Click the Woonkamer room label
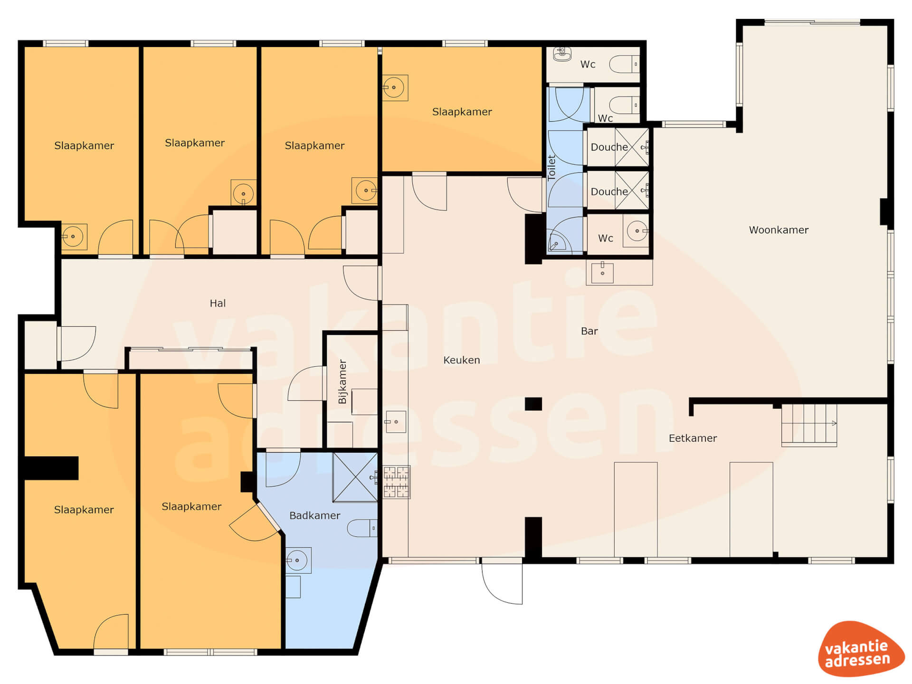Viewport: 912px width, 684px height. pyautogui.click(x=779, y=230)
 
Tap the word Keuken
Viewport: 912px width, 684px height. pyautogui.click(x=461, y=360)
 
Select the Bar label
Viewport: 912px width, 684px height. pyautogui.click(x=589, y=331)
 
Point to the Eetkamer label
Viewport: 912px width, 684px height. pyautogui.click(x=693, y=438)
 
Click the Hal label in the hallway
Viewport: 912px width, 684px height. pyautogui.click(x=218, y=303)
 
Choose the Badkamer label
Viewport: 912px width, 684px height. pyautogui.click(x=314, y=515)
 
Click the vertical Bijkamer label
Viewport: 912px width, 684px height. pyautogui.click(x=342, y=381)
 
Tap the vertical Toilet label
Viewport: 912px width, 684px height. pyautogui.click(x=551, y=168)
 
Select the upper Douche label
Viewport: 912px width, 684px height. pyautogui.click(x=609, y=147)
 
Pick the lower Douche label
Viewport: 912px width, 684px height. pyautogui.click(x=609, y=191)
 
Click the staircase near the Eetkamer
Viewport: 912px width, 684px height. pyautogui.click(x=809, y=425)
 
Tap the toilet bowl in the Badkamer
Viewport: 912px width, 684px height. pyautogui.click(x=362, y=528)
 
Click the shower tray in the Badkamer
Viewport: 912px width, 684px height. pyautogui.click(x=355, y=477)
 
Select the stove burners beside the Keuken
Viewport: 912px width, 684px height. pyautogui.click(x=396, y=482)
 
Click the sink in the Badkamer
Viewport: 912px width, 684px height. pyautogui.click(x=298, y=560)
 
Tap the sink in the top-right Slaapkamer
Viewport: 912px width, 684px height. pyautogui.click(x=395, y=88)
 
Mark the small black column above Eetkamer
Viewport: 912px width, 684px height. pyautogui.click(x=533, y=404)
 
